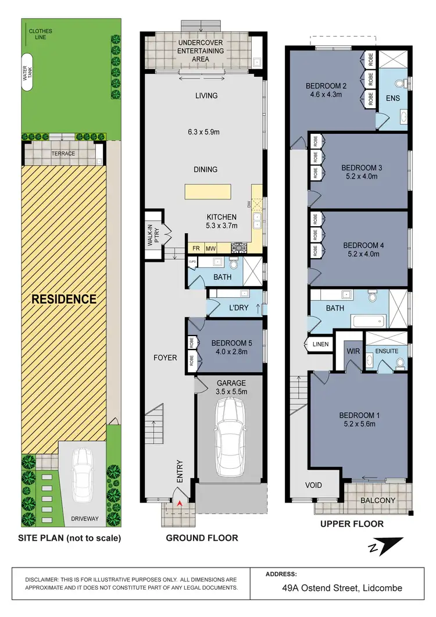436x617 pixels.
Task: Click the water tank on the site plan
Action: click(x=27, y=73)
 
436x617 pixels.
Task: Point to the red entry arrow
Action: click(x=180, y=502)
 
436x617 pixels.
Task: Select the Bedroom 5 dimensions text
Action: click(x=230, y=351)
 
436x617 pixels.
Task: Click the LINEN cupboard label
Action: click(x=321, y=344)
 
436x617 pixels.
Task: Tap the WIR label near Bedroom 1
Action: click(x=353, y=351)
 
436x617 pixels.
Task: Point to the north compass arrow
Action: click(x=385, y=547)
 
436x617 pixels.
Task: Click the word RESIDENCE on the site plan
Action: click(x=64, y=299)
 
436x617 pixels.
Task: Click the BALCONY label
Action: click(x=377, y=500)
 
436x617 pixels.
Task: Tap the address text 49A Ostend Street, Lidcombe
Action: click(x=334, y=588)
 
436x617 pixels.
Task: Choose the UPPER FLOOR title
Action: click(x=352, y=524)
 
